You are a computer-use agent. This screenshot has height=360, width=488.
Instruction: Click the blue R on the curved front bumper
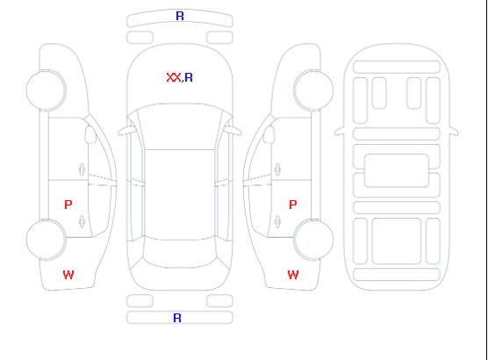tap(180, 16)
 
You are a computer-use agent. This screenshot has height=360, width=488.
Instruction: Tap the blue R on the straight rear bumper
tap(177, 318)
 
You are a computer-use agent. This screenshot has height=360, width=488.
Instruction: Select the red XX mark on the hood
tap(174, 77)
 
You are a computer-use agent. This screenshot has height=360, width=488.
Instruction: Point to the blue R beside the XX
tap(189, 77)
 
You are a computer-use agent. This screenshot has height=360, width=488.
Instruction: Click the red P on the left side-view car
tap(68, 205)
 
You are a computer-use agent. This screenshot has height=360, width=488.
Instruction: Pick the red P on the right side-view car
tap(293, 205)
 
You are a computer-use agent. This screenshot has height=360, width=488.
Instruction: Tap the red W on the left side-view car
tap(68, 275)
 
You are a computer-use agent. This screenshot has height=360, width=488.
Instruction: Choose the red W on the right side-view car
tap(293, 275)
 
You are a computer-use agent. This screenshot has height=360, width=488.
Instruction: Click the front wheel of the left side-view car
tap(46, 90)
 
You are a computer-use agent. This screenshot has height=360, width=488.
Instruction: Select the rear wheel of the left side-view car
tap(46, 240)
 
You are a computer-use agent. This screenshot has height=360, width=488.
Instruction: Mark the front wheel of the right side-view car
tap(313, 90)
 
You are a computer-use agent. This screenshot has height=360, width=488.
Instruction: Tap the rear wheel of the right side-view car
tap(313, 240)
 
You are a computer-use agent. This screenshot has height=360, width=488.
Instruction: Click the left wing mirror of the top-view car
tap(126, 131)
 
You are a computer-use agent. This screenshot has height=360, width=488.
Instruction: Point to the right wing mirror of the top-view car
tap(233, 131)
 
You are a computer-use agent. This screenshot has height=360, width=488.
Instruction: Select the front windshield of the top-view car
tap(180, 126)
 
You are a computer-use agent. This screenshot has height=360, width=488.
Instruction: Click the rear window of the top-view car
tap(180, 253)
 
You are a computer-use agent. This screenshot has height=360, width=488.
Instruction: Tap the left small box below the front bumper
tap(140, 38)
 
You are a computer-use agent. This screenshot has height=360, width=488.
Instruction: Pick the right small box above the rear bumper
tap(219, 301)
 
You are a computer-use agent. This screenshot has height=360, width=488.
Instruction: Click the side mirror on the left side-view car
tap(90, 134)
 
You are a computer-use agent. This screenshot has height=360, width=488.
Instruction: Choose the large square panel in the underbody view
tap(397, 241)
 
